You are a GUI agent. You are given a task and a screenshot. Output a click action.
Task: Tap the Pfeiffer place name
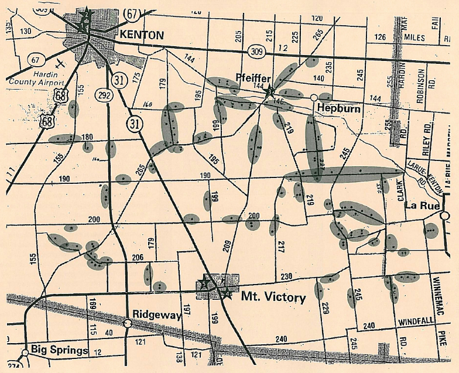252,77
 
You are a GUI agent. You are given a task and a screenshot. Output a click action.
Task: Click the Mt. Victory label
273,297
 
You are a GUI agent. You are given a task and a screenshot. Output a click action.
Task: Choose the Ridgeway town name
156,315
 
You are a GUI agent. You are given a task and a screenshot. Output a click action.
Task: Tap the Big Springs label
60,351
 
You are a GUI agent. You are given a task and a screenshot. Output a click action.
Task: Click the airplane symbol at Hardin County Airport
61,61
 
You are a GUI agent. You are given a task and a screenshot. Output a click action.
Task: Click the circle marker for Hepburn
314,97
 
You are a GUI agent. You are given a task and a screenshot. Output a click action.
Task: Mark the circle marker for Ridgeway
128,323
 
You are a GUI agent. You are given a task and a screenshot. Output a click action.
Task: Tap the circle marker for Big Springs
25,353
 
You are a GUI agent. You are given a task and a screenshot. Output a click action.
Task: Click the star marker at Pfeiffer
269,91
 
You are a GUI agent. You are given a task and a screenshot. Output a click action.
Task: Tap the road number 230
286,276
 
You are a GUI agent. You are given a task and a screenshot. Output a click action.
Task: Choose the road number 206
137,257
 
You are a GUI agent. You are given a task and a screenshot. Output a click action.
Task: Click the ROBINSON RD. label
421,85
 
